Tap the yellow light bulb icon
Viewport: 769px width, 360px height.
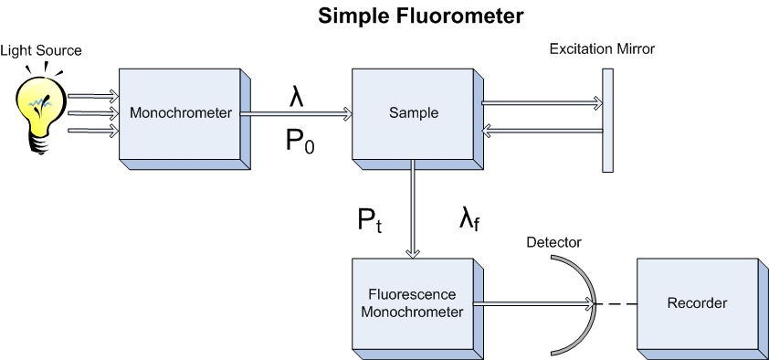tap(39, 115)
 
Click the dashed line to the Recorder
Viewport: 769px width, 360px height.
tap(616, 303)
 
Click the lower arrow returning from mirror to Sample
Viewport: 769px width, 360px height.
tap(541, 132)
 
